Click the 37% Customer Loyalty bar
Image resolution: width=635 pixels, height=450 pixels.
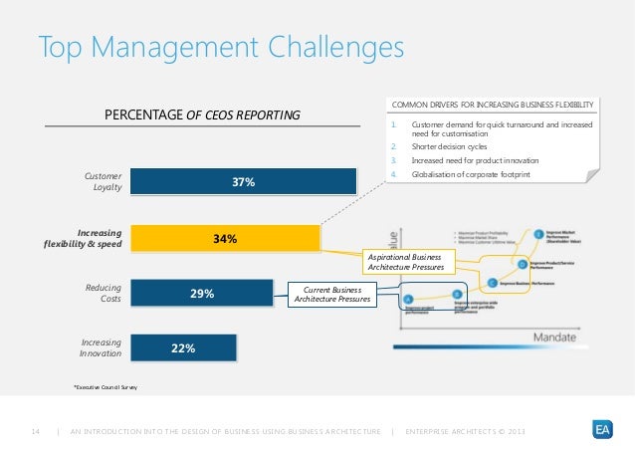[243, 182]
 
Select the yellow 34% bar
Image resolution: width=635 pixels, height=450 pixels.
[224, 239]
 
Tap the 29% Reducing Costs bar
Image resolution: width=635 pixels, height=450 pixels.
[202, 294]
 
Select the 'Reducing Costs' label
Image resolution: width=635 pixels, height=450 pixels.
[103, 293]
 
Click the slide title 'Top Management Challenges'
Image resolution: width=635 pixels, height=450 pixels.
[221, 48]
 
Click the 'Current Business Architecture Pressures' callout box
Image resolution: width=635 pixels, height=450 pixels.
[331, 294]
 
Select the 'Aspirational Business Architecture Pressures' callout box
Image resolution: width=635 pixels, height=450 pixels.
[410, 262]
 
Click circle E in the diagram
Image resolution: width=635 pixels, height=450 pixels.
[539, 235]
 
